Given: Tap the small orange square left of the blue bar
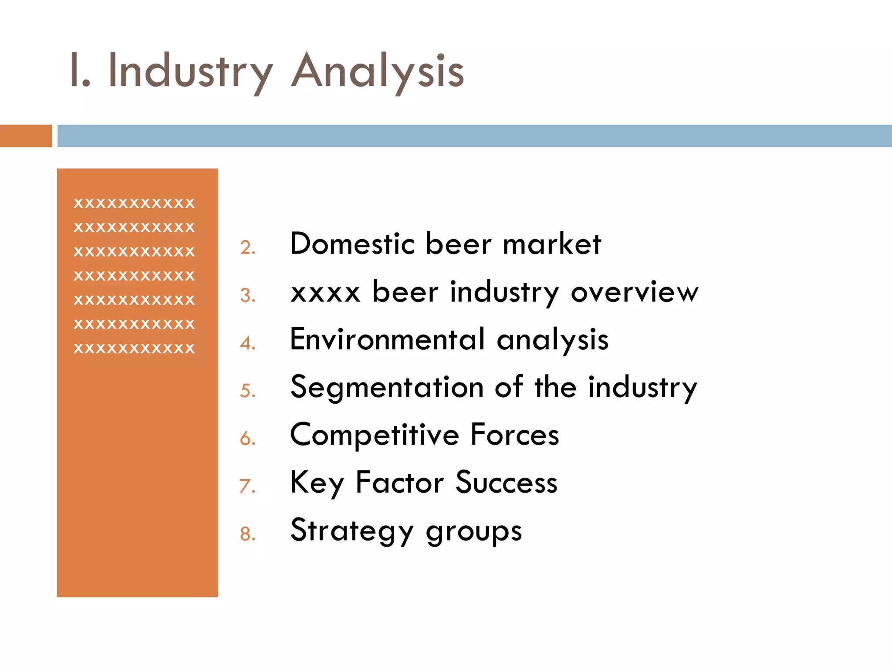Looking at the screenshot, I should pos(26,136).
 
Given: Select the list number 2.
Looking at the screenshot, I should pos(247,247).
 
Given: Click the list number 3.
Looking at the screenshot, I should pos(247,295).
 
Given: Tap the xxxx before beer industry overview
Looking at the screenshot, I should pos(325,292).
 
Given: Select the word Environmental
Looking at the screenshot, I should pos(387,339).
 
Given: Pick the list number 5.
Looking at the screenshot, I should pos(247,391).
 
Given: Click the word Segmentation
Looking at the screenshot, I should pos(387,387).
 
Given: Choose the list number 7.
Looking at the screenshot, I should pos(247,486).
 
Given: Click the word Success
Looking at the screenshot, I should pos(507,483).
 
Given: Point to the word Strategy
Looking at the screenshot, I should pos(352,530).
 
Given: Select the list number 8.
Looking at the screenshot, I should pos(247,534).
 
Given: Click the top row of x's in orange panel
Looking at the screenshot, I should pos(134,203).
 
